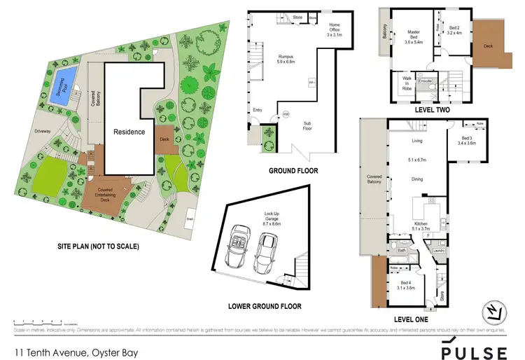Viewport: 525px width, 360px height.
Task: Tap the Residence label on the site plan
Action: pos(129,132)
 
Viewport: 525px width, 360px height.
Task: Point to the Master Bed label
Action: pos(417,36)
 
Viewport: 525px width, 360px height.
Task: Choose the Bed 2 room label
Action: pos(455,29)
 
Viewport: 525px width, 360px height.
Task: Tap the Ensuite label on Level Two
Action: pos(425,81)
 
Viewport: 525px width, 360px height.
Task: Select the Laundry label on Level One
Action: pos(440,250)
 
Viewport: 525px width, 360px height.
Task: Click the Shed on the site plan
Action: pos(189,218)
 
